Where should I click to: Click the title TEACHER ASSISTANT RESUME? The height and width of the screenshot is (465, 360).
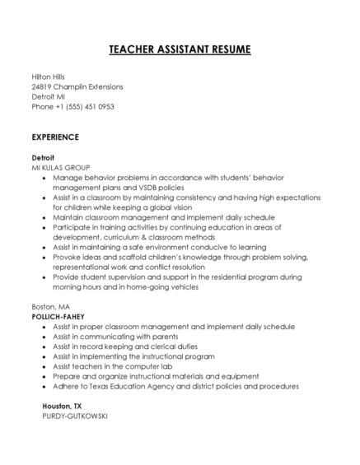[x=180, y=50]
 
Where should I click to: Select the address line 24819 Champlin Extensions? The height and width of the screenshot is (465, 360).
[x=77, y=86]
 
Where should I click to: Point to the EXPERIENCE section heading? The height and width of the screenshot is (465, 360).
[x=55, y=137]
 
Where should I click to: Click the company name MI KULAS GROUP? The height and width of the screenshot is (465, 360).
[x=61, y=167]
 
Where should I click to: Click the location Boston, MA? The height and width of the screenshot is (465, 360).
[x=50, y=306]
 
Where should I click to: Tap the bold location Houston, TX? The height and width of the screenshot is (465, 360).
[x=63, y=406]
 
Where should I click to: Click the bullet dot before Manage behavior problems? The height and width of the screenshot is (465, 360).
[x=44, y=177]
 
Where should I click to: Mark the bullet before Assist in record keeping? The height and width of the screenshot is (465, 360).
[x=44, y=346]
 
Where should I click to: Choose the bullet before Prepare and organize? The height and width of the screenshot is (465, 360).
[x=44, y=376]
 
